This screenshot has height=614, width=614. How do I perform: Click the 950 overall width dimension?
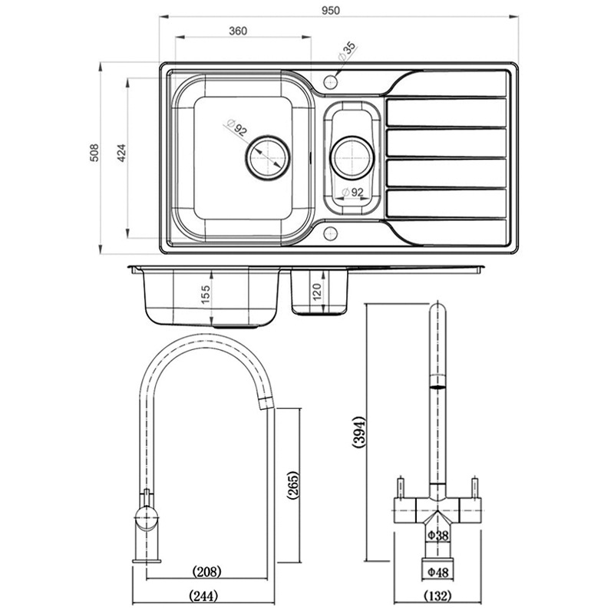[335, 8]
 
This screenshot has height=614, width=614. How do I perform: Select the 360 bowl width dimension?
[237, 31]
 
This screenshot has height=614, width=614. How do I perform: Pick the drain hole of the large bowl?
[266, 157]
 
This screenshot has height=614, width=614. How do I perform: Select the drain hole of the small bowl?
[352, 157]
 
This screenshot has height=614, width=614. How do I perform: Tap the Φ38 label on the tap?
[437, 535]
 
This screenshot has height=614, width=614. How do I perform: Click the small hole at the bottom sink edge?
[331, 231]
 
